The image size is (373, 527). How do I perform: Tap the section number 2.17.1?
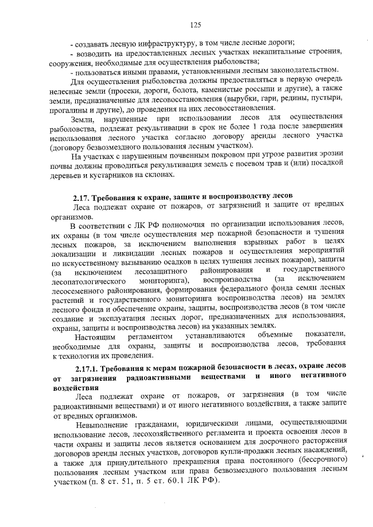coord(89,369)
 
